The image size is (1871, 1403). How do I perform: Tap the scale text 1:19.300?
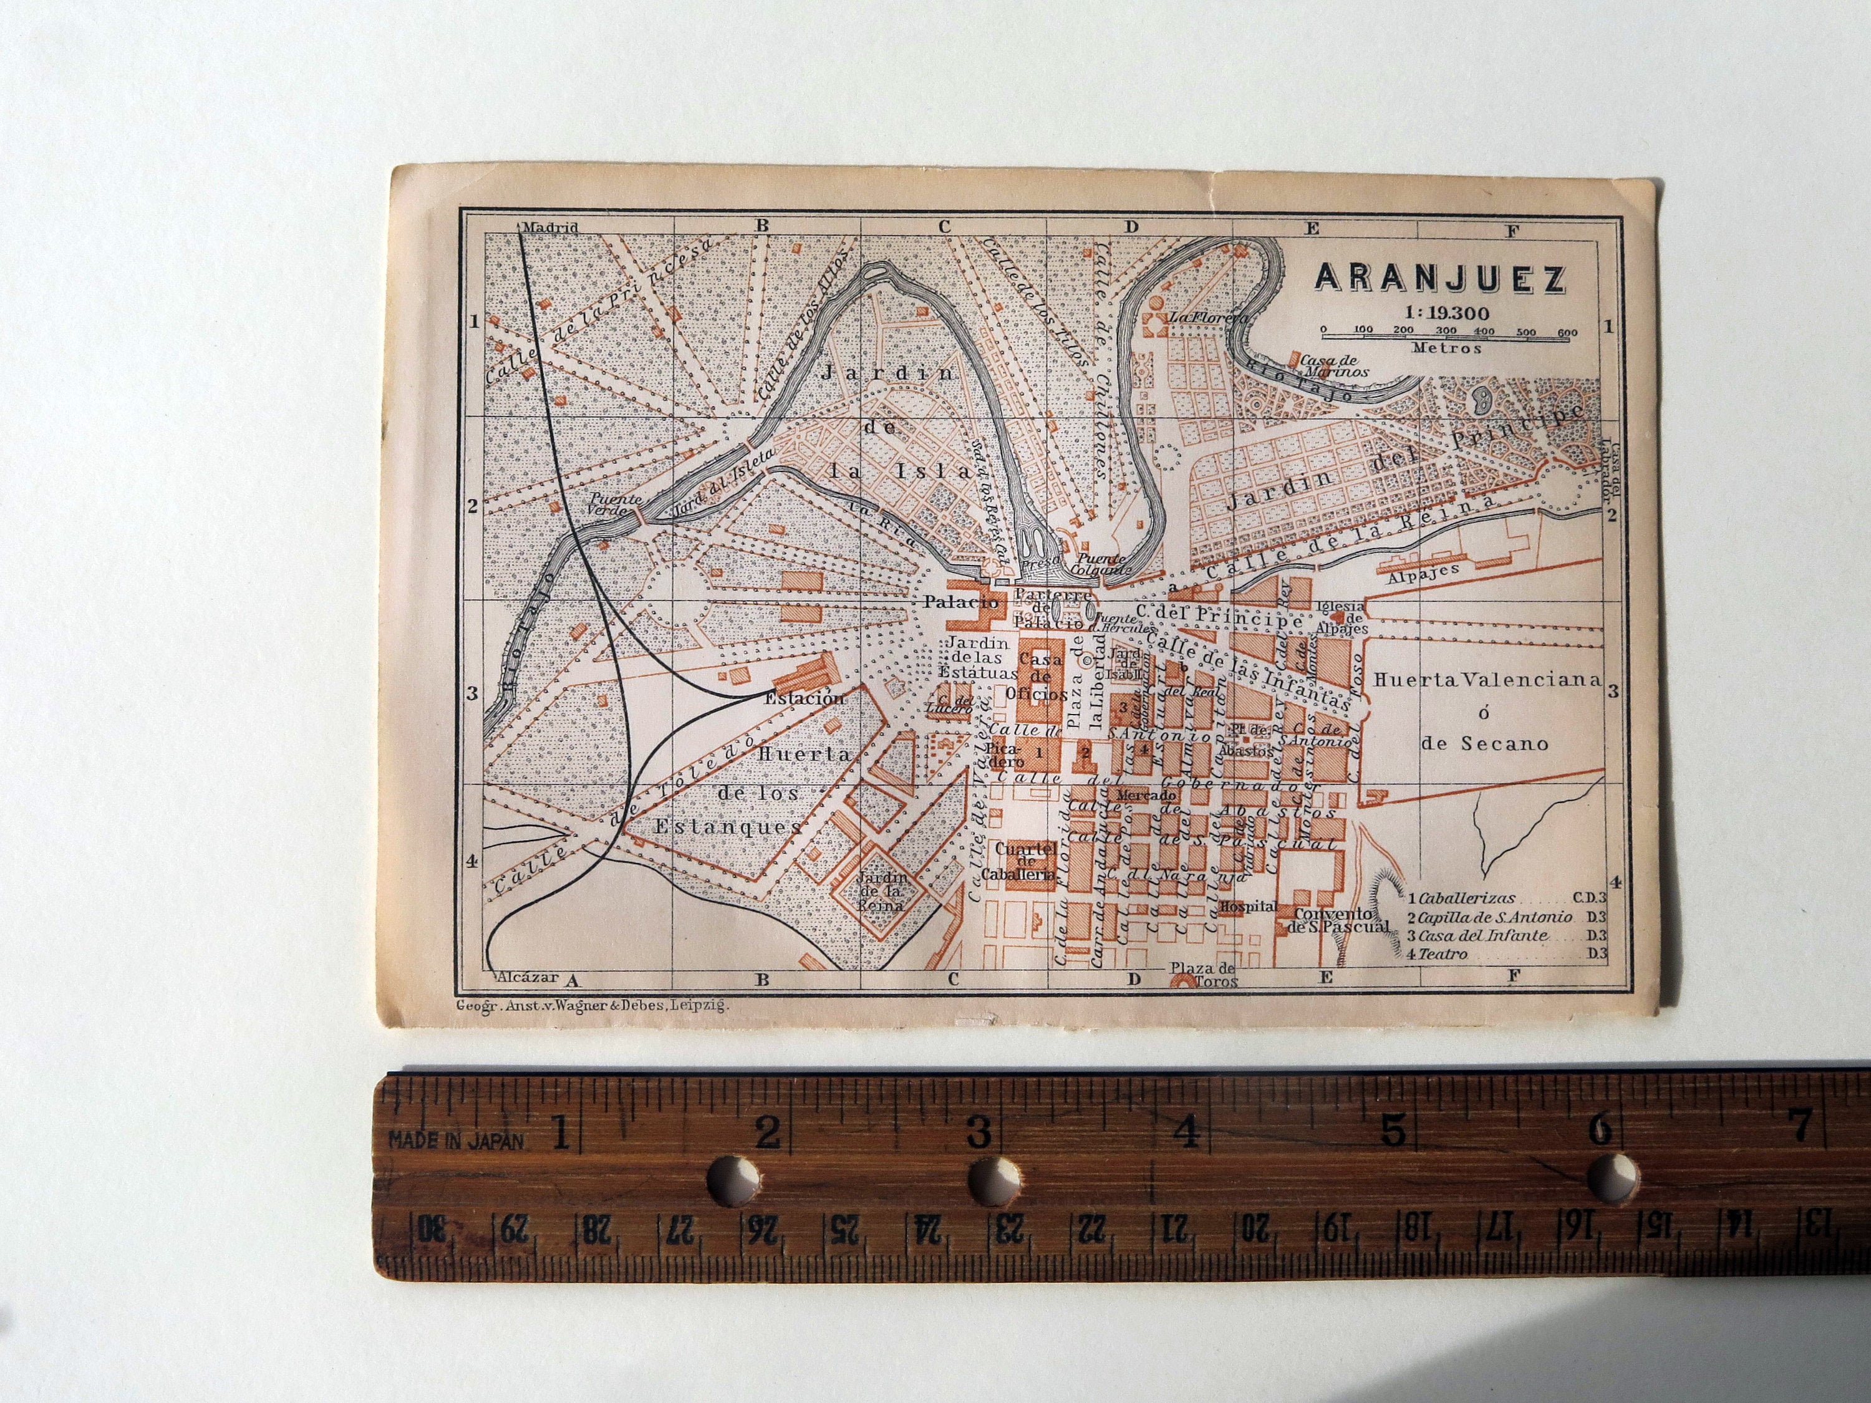click(1439, 313)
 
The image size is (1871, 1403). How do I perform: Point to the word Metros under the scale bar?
click(1446, 347)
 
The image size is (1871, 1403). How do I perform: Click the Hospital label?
click(1247, 906)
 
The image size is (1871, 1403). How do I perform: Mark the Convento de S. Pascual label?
click(1337, 920)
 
